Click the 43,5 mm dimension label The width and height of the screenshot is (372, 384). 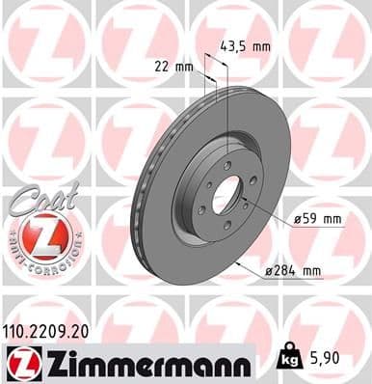pyautogui.click(x=245, y=45)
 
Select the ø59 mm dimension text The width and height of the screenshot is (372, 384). pyautogui.click(x=319, y=220)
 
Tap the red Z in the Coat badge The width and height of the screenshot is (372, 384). pyautogui.click(x=40, y=233)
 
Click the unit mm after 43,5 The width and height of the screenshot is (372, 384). pyautogui.click(x=259, y=45)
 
